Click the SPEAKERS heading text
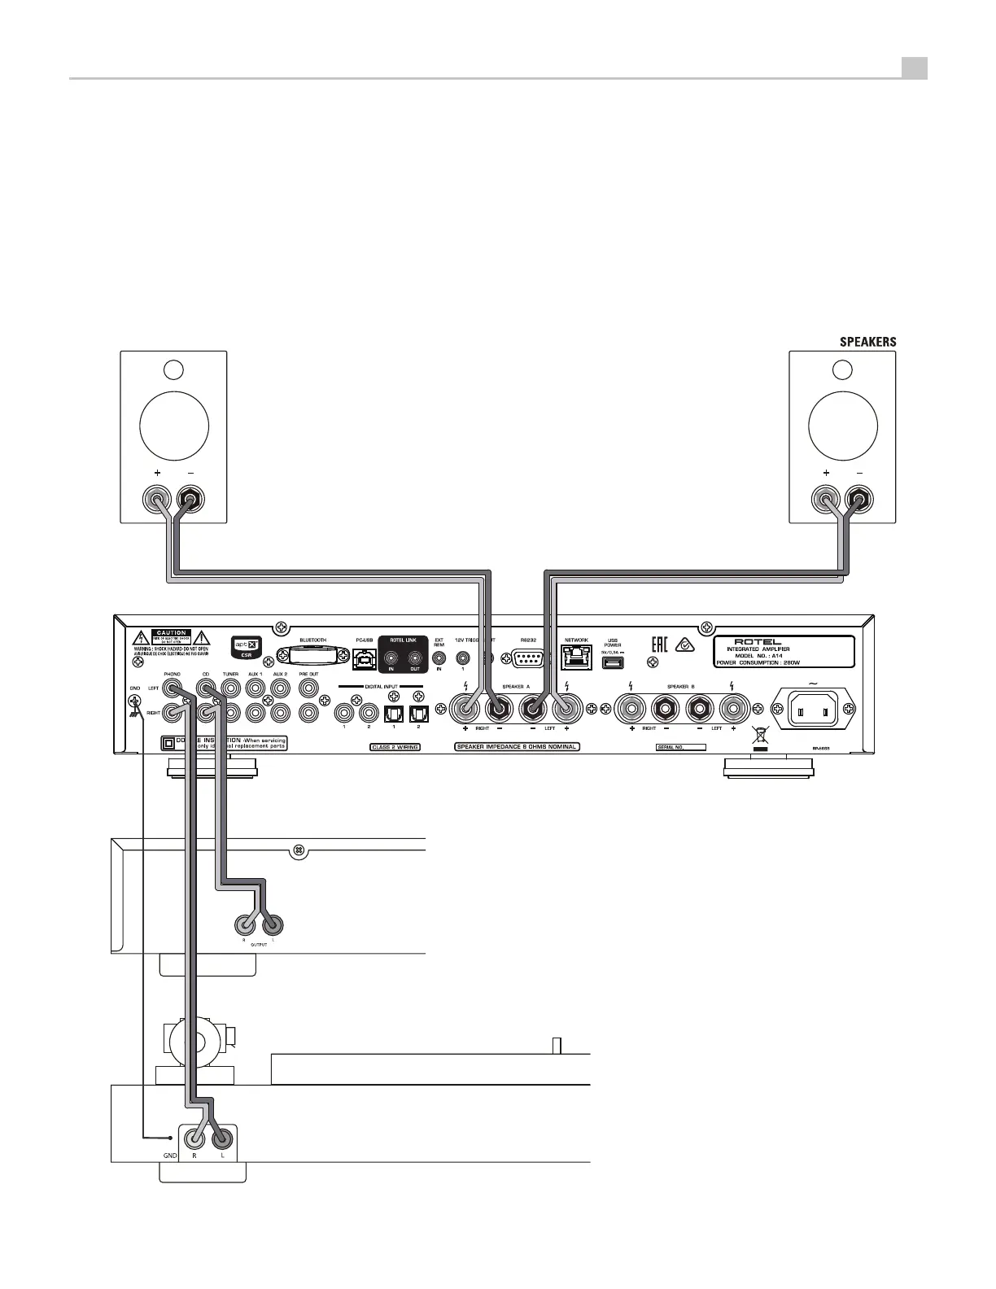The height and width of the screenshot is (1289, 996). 867,342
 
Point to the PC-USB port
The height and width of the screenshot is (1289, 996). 364,658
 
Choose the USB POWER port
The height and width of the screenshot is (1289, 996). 612,662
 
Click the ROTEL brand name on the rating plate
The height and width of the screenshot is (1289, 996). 757,640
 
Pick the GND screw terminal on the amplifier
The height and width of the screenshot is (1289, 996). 135,702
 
